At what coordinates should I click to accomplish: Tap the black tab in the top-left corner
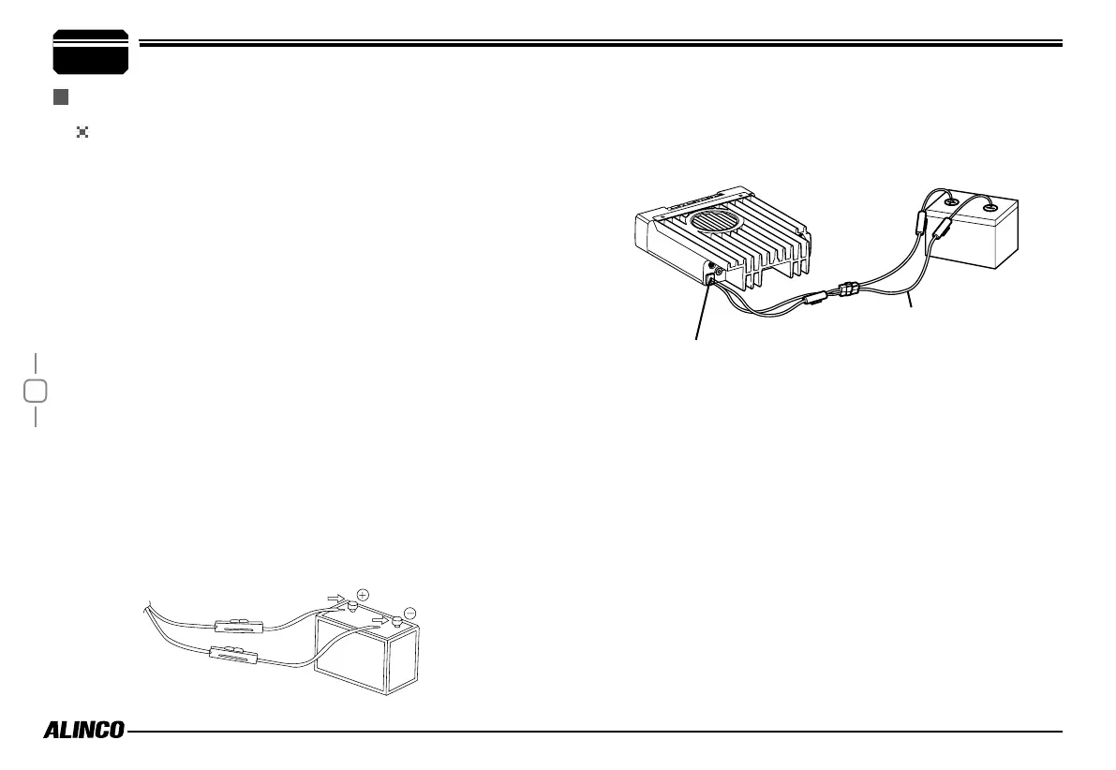point(91,52)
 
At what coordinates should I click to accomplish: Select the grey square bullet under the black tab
point(61,96)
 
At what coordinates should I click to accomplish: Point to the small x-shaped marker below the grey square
point(82,133)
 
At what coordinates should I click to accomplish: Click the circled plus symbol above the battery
point(363,593)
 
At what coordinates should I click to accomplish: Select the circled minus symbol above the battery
point(410,614)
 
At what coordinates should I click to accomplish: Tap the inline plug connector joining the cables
point(846,289)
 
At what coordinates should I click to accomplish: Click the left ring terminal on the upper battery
point(950,202)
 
